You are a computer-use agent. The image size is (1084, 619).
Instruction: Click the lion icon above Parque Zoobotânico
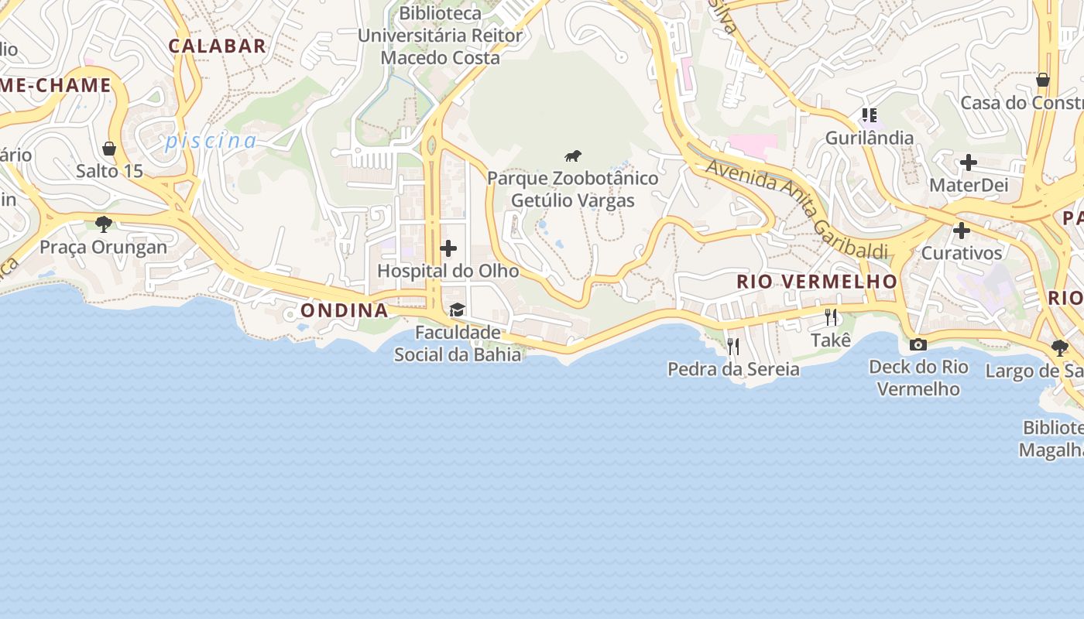click(x=573, y=156)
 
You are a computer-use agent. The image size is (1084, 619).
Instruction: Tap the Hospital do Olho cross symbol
click(x=448, y=248)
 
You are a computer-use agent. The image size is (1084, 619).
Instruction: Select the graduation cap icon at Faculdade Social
click(x=458, y=310)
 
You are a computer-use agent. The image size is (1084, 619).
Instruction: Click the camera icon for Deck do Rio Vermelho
click(x=918, y=344)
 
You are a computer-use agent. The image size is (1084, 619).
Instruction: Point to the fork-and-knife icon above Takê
click(x=831, y=317)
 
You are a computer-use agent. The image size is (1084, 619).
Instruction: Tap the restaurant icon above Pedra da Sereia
click(x=732, y=346)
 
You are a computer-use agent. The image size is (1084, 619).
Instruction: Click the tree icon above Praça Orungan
click(x=104, y=224)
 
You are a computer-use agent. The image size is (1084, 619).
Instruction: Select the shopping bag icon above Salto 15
click(x=109, y=148)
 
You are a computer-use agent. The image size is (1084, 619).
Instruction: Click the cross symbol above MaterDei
click(x=968, y=163)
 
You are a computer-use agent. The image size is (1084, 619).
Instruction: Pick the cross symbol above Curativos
click(x=962, y=231)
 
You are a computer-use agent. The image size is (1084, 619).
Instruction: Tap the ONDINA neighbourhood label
click(x=344, y=310)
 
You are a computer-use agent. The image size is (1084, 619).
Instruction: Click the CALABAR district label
click(x=218, y=46)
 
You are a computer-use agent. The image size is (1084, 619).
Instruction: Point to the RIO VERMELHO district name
click(x=817, y=281)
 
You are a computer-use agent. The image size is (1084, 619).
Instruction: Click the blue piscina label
click(x=210, y=141)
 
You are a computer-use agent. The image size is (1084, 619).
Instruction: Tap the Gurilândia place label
click(x=870, y=138)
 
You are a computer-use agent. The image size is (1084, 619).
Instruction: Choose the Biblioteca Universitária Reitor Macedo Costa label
click(x=440, y=36)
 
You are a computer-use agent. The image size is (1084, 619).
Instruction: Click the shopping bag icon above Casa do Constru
click(x=1043, y=80)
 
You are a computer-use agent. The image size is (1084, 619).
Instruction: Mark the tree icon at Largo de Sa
click(x=1060, y=348)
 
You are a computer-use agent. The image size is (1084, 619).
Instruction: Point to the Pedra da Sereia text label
click(x=733, y=369)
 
